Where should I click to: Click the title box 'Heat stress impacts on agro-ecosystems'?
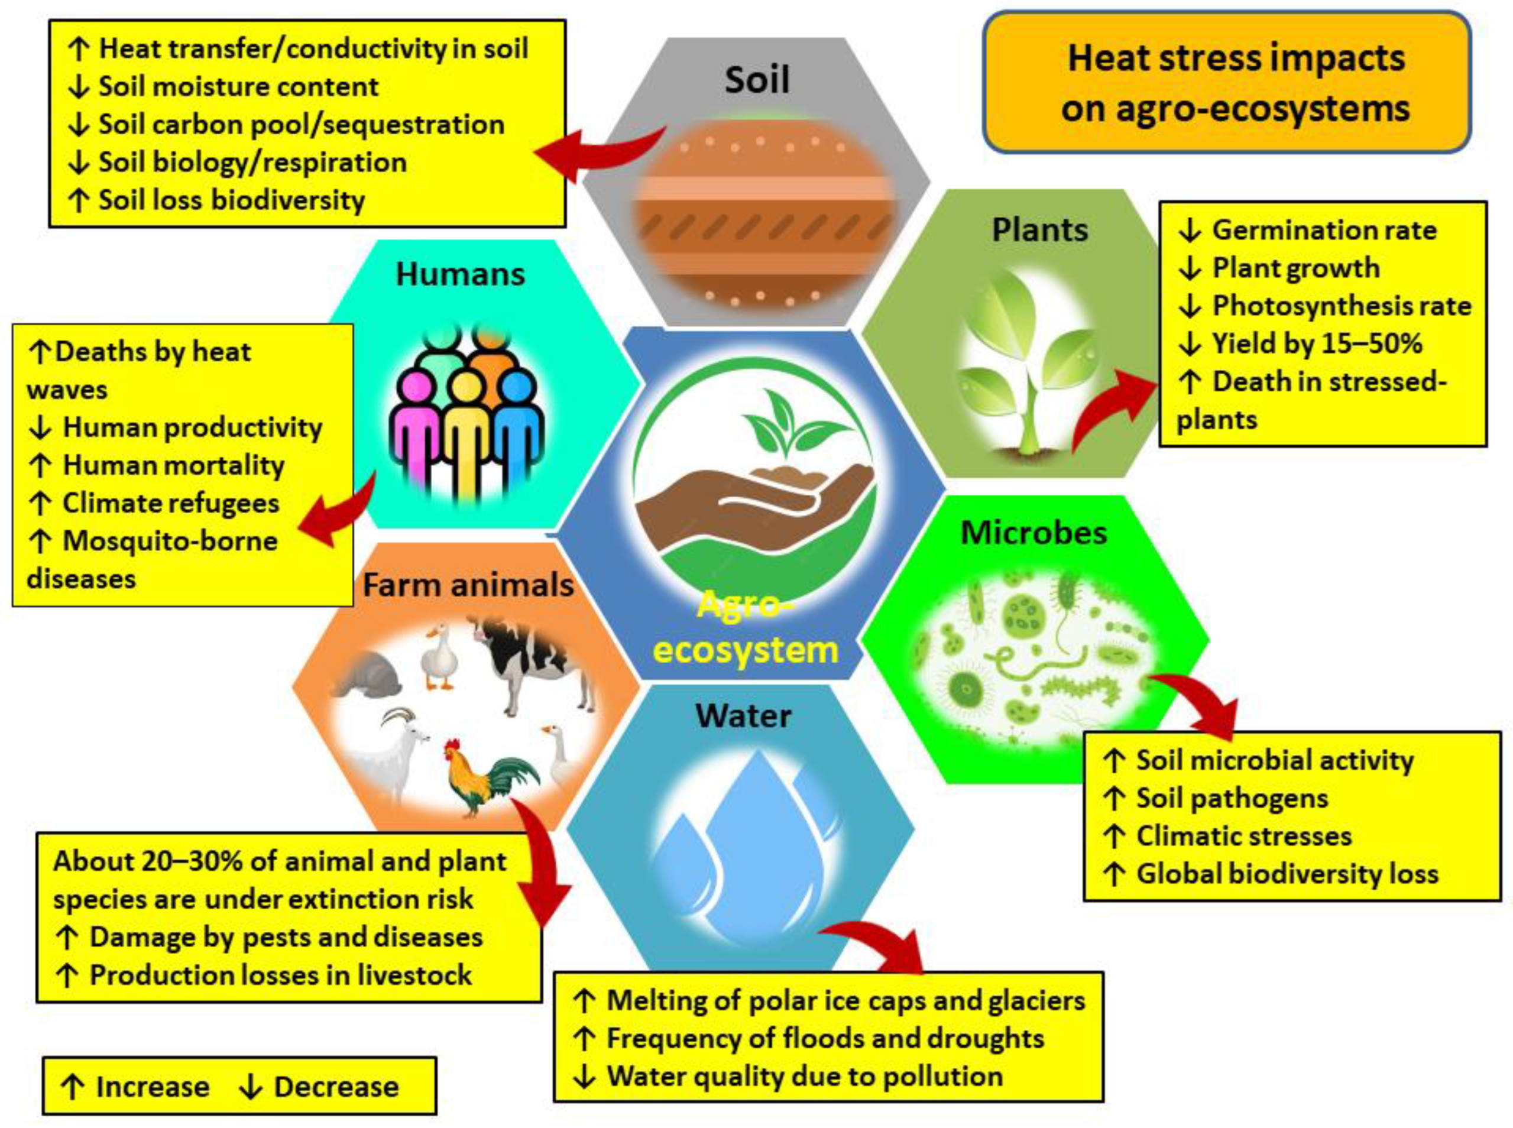[x=1226, y=82]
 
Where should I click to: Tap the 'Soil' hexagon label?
[x=757, y=80]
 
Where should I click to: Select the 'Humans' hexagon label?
[x=460, y=274]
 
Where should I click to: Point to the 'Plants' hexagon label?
[x=1039, y=230]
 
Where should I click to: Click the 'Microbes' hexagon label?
[x=1033, y=533]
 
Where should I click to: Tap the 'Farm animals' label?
[x=468, y=585]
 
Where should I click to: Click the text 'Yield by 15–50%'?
[x=1316, y=343]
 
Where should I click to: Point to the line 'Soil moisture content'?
[x=238, y=87]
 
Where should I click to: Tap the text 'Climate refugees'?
[x=171, y=503]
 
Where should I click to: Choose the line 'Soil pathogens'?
[x=1232, y=798]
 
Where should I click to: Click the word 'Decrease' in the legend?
[x=336, y=1087]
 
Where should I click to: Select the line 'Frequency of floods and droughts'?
[x=825, y=1039]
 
